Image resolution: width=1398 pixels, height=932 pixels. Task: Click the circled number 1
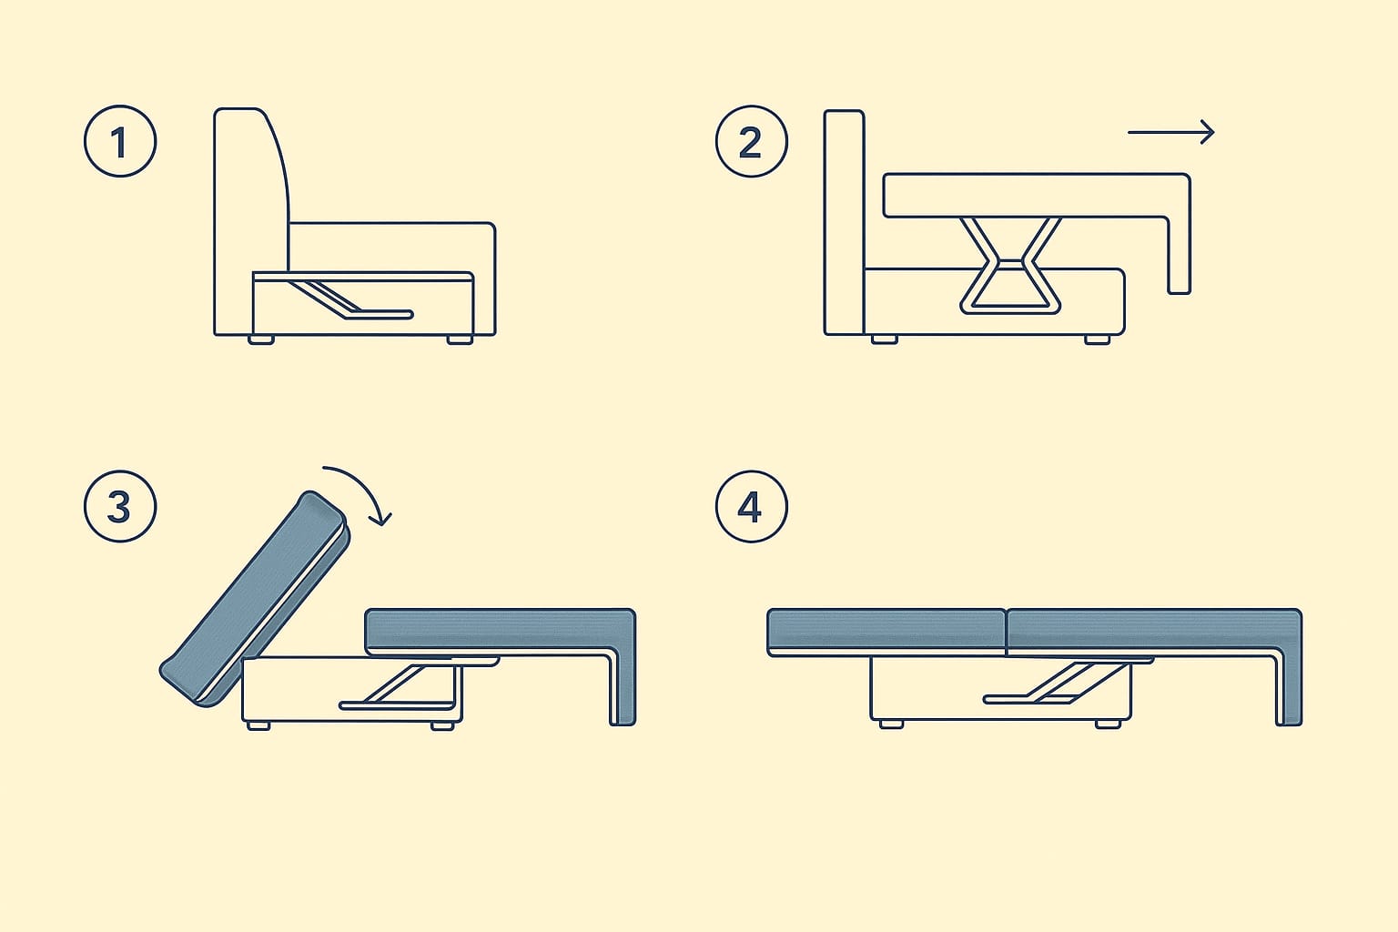tap(120, 141)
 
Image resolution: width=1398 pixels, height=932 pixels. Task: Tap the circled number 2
tap(752, 141)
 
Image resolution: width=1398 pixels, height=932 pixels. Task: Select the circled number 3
tap(120, 506)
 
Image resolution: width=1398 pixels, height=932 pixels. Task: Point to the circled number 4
tap(752, 506)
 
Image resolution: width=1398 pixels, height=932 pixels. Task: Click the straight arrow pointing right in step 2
tap(1170, 132)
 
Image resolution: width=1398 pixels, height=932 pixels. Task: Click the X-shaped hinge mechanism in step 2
tap(1010, 265)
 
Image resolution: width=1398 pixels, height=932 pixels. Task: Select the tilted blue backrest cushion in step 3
tap(255, 598)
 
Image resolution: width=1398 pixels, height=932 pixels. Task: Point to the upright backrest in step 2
tap(844, 222)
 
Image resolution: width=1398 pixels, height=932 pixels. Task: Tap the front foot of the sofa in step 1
tap(460, 340)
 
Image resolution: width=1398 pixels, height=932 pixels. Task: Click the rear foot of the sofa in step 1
tap(261, 340)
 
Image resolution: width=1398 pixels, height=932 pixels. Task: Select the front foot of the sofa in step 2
tap(1097, 339)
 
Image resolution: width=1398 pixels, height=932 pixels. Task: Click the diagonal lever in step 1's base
tap(349, 299)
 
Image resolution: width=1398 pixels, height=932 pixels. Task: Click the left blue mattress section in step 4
tap(886, 631)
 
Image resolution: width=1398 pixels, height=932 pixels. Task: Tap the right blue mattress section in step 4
tap(1142, 631)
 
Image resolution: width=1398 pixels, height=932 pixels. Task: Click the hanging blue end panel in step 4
tap(1290, 686)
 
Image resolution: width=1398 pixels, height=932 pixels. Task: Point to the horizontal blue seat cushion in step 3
tap(493, 632)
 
